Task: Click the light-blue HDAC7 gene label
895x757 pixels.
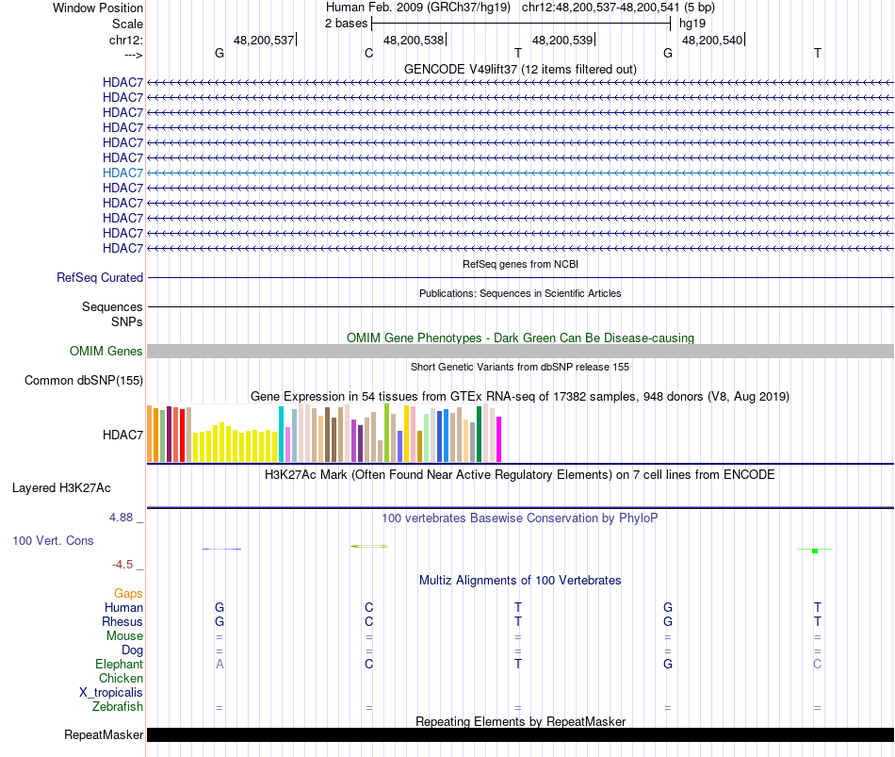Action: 123,173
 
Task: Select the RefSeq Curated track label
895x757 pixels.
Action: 100,278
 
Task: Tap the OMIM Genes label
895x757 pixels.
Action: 106,352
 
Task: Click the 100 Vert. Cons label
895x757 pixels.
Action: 53,541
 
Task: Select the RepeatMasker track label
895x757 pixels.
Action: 104,735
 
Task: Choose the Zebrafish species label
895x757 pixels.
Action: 118,707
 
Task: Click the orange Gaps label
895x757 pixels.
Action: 128,594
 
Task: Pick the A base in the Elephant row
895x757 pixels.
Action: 220,665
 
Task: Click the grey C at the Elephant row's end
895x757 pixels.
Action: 818,665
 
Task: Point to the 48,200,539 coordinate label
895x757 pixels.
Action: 562,41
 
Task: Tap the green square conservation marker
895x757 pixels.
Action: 814,551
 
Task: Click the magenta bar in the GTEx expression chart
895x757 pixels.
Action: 499,439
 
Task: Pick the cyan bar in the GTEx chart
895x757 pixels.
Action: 281,435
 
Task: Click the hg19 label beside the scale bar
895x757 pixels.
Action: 692,23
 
